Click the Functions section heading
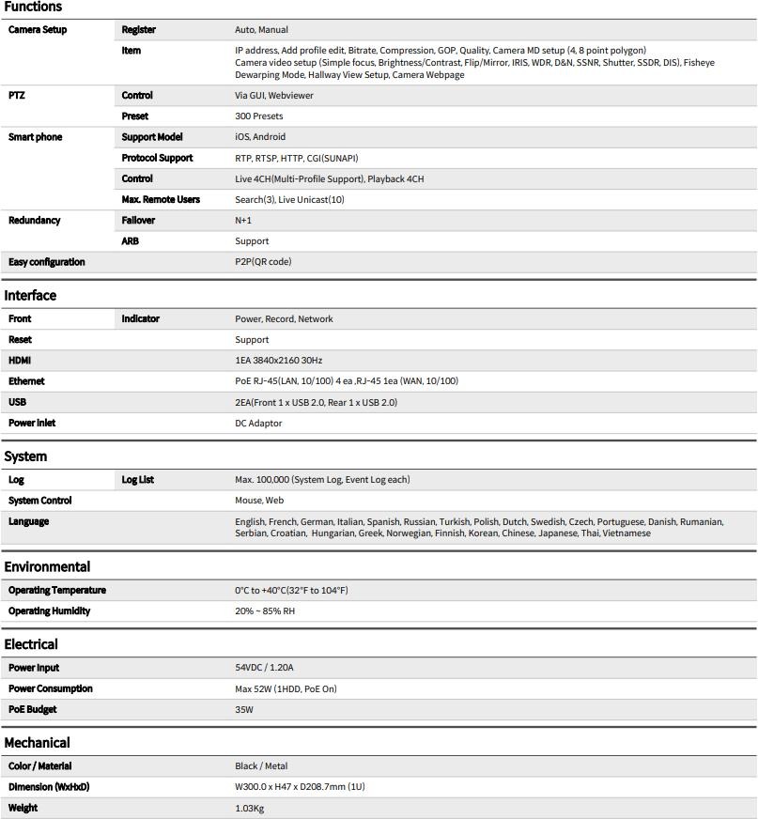tap(33, 8)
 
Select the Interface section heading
tap(30, 295)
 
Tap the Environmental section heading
tap(47, 566)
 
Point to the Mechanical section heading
tap(37, 742)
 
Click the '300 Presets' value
tap(258, 116)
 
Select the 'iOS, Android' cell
tap(260, 137)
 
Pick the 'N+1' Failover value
tap(243, 221)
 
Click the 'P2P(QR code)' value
tap(263, 262)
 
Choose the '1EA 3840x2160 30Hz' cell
tap(279, 361)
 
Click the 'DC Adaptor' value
tap(258, 424)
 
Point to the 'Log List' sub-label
tap(137, 480)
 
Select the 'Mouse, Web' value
tap(259, 501)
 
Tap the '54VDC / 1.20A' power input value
tap(264, 668)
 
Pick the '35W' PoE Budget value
tap(244, 710)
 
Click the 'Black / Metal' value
tap(260, 766)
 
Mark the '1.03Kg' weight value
tap(249, 808)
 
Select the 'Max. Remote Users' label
tap(161, 199)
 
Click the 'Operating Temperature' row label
tap(56, 591)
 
